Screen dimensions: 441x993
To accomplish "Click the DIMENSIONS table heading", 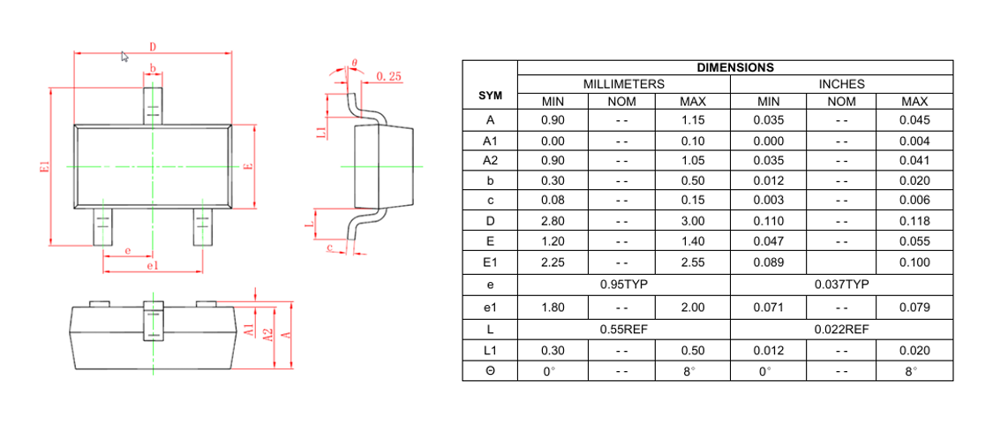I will click(x=734, y=67).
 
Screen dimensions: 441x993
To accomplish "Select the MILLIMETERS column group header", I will click(x=623, y=84).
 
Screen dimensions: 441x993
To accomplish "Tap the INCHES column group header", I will click(x=841, y=84).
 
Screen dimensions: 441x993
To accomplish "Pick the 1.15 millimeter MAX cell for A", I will click(x=692, y=120).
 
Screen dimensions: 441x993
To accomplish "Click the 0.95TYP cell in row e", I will click(x=623, y=285).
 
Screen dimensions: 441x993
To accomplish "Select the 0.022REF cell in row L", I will click(x=841, y=329).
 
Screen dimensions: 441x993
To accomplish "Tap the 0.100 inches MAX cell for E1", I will click(x=914, y=262).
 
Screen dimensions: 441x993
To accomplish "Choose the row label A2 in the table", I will click(x=490, y=160).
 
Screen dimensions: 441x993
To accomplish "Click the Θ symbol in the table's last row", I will click(x=490, y=371).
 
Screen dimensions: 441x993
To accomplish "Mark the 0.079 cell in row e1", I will click(x=914, y=307).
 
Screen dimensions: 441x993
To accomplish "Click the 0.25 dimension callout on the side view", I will click(x=388, y=77).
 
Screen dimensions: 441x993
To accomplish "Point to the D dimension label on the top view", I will click(x=153, y=46).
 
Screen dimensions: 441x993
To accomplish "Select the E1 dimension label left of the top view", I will click(x=45, y=167).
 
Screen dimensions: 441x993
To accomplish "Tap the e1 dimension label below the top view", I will click(x=152, y=265).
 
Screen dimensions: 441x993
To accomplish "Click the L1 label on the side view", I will click(x=321, y=132).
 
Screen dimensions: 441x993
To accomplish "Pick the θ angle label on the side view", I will click(x=354, y=64).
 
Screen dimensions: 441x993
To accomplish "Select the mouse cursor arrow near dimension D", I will click(x=124, y=57).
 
